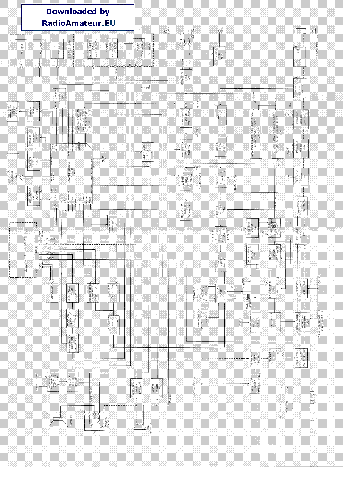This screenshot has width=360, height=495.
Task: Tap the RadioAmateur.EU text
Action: click(x=78, y=23)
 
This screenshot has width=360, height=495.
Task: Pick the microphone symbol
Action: click(x=139, y=426)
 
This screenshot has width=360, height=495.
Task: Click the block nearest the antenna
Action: click(x=300, y=56)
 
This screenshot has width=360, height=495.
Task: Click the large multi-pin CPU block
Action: click(x=71, y=175)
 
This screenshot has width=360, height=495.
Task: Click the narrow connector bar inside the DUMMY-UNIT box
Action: click(x=37, y=251)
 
